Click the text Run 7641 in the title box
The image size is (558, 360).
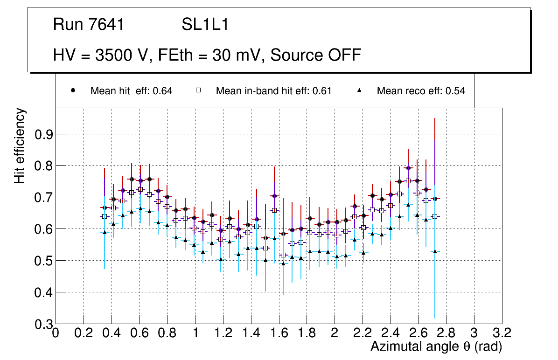tap(89, 25)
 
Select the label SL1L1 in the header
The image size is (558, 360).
tap(205, 25)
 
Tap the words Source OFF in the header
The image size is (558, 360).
tap(316, 55)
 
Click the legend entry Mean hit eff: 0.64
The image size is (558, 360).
tap(131, 91)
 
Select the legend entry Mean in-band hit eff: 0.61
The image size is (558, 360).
tap(273, 91)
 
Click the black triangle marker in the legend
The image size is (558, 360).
tap(360, 90)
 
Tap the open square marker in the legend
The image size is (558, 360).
tap(198, 90)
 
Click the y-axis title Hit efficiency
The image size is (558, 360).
tap(20, 145)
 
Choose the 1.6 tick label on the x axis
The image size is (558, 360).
tap(279, 333)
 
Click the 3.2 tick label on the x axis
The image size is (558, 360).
tap(502, 333)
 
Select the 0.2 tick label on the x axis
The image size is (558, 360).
tap(84, 333)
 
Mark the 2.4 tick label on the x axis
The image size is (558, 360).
tap(391, 333)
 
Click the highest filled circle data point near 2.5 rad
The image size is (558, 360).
tap(408, 168)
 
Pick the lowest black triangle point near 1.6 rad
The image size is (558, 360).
tap(283, 263)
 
